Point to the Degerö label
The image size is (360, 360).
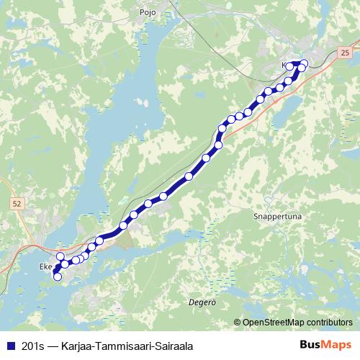pos(202,302)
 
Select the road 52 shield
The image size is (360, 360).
pos(17,204)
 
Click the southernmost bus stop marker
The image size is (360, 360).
pos(58,276)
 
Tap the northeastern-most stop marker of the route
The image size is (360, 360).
pos(304,63)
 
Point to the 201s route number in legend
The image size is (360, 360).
pos(32,346)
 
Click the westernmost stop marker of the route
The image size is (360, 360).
pos(57,271)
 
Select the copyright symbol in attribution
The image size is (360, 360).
pos(238,323)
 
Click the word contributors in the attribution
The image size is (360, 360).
pos(329,323)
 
